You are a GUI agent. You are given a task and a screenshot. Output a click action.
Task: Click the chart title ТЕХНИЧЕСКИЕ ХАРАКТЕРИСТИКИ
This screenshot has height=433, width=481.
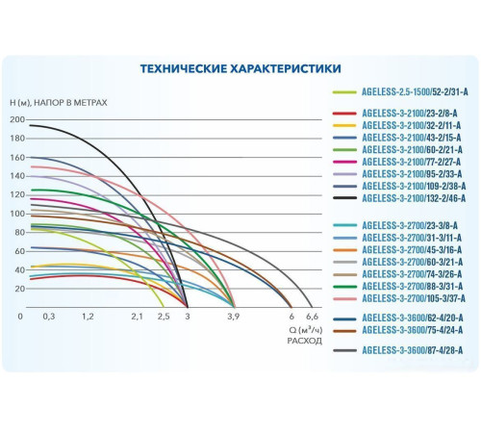pyautogui.click(x=240, y=69)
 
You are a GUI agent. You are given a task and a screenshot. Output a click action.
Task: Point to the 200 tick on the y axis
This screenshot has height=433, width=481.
pyautogui.click(x=17, y=120)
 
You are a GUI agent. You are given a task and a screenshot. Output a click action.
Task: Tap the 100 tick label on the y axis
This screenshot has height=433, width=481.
pyautogui.click(x=17, y=213)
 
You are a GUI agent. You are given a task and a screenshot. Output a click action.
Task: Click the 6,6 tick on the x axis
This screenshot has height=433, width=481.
pyautogui.click(x=311, y=316)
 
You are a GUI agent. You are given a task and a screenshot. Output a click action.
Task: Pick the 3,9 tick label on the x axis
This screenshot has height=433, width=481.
pyautogui.click(x=231, y=316)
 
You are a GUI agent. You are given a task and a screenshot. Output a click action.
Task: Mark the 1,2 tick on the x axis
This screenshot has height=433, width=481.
pyautogui.click(x=88, y=316)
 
